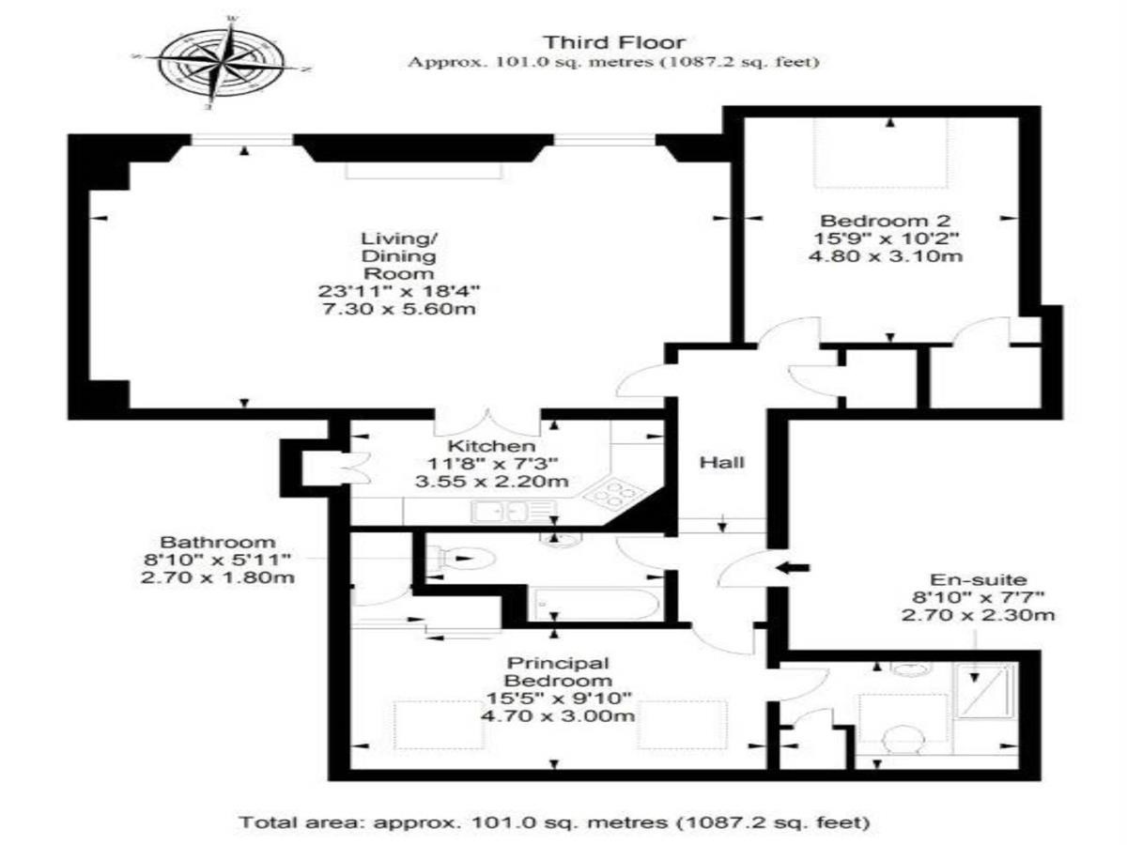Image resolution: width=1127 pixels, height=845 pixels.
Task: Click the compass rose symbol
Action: click(222, 64)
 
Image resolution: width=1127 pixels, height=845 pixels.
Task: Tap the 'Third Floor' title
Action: click(614, 42)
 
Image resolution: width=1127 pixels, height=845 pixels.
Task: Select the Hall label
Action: click(722, 462)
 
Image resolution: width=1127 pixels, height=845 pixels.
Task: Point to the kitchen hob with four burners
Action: click(614, 494)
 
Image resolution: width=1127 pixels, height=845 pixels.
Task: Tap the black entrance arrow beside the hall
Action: click(793, 567)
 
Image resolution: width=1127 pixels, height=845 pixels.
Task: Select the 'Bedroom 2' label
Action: click(886, 222)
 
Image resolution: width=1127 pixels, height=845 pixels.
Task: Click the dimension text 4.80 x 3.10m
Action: click(886, 255)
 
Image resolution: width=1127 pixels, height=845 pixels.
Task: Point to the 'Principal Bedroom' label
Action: click(558, 671)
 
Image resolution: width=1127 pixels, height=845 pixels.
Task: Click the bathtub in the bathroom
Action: click(595, 605)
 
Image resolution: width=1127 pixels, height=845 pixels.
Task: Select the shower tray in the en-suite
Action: click(985, 691)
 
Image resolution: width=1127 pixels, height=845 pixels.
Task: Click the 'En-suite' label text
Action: click(979, 580)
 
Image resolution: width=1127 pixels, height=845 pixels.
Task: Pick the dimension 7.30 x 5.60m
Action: click(399, 309)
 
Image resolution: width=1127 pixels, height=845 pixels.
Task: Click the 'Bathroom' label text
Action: click(218, 543)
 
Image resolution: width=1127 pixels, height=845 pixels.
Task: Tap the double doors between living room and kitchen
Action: click(487, 422)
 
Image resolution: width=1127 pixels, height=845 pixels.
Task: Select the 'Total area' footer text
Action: click(554, 822)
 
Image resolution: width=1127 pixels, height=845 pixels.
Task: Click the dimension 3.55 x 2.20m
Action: click(491, 482)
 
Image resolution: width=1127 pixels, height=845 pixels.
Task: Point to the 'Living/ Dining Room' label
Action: click(399, 255)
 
